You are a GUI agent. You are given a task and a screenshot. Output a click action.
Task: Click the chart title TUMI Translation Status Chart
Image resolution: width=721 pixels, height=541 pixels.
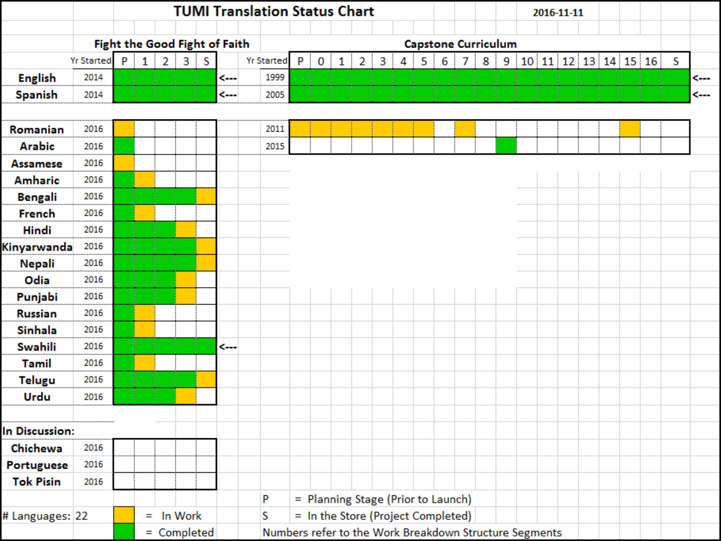coord(273,11)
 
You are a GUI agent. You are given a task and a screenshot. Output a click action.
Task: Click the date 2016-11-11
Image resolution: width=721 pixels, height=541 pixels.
coord(558,13)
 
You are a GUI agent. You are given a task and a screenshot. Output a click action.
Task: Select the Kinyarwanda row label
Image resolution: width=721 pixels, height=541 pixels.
coord(37,247)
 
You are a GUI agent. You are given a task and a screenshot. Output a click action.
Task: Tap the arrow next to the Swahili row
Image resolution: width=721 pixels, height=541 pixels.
coord(228,347)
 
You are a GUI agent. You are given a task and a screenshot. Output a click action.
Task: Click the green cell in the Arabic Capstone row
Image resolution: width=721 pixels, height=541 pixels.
coord(506,146)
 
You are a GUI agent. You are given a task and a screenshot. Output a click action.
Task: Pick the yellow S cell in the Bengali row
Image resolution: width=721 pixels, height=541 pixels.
coord(206,196)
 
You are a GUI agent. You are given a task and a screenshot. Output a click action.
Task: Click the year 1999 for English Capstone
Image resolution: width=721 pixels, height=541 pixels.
coord(275,77)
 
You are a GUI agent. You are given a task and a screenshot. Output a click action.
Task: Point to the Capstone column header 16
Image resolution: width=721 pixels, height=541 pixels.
coord(651,61)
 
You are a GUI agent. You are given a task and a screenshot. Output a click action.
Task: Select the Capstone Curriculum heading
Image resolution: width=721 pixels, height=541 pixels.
coord(460,44)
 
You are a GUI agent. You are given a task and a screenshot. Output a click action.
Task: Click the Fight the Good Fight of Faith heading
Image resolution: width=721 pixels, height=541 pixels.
coord(172,44)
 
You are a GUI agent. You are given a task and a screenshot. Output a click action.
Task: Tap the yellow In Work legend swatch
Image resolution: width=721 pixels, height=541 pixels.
coord(124,515)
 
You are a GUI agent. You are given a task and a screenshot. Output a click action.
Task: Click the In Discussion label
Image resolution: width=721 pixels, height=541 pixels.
coord(38,431)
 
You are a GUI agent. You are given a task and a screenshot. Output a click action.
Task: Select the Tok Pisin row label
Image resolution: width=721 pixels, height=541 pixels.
coord(37,482)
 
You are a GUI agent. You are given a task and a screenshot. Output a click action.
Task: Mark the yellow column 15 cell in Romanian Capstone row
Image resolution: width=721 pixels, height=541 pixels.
coord(630,129)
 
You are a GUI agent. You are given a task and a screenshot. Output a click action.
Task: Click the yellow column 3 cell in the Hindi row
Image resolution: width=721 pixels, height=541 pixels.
coord(186,230)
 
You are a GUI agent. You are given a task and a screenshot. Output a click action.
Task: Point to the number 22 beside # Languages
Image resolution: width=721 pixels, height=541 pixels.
coord(82,516)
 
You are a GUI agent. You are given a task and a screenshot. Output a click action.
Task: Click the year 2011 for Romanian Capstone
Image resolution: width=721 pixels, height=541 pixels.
coord(275,129)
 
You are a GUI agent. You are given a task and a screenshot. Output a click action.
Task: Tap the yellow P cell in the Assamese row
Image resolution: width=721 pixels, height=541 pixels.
coord(124,163)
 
